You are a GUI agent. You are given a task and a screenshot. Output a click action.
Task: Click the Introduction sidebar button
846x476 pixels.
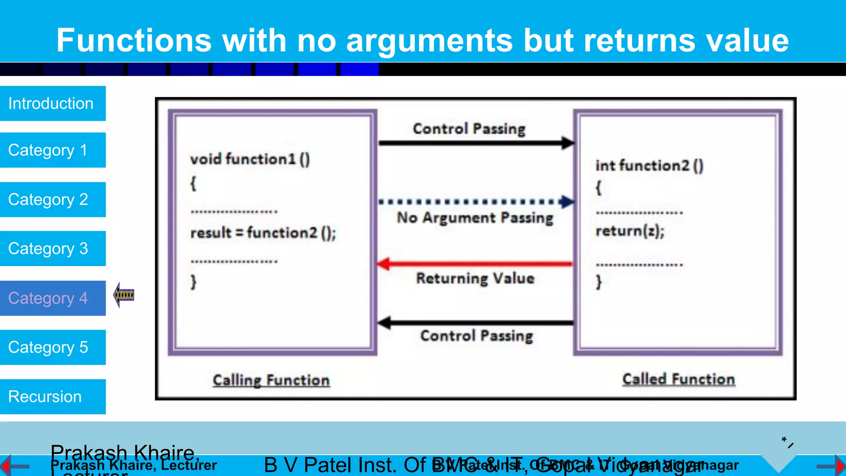click(x=52, y=103)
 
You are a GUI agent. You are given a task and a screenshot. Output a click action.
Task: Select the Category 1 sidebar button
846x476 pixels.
click(x=52, y=150)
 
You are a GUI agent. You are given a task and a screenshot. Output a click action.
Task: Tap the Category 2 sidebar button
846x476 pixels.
click(x=52, y=200)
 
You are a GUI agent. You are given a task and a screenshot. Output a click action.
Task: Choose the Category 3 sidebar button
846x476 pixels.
click(x=52, y=248)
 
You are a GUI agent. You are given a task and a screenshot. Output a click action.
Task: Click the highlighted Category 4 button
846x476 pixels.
click(x=52, y=298)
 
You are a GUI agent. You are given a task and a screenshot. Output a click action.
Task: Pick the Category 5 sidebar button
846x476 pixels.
click(x=52, y=347)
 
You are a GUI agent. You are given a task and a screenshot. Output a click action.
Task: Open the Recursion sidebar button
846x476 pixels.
click(x=52, y=397)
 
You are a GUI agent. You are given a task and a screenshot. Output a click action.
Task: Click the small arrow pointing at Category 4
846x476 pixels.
click(x=124, y=295)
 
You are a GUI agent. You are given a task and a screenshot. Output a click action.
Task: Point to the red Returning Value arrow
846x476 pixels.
click(x=475, y=264)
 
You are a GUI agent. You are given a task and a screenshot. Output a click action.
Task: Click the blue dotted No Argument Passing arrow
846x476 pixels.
click(x=475, y=202)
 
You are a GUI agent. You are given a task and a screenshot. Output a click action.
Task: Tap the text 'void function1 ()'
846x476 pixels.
click(x=250, y=159)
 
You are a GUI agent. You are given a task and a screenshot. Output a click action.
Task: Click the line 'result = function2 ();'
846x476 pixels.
click(x=263, y=233)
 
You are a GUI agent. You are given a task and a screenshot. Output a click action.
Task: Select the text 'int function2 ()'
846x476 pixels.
click(x=649, y=166)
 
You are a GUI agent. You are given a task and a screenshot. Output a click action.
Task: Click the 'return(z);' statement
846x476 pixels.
click(x=630, y=231)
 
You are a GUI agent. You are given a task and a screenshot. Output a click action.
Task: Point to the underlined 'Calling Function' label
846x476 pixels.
click(x=271, y=380)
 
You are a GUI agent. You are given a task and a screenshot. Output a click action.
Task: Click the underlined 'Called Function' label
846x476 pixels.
click(x=679, y=379)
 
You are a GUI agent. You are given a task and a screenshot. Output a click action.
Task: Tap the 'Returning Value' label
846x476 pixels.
click(x=475, y=278)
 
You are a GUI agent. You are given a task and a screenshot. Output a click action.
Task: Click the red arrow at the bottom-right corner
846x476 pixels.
click(x=839, y=466)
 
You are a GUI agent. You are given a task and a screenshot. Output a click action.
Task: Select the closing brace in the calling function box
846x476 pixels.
click(x=193, y=282)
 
